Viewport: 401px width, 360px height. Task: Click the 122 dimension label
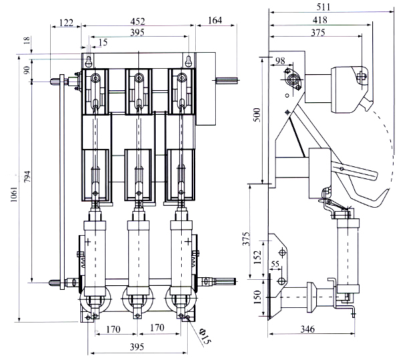65,23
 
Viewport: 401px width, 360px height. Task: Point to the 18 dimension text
27,41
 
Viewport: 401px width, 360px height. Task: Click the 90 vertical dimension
27,69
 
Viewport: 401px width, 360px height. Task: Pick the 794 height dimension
27,178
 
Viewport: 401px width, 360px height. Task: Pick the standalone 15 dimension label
101,43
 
